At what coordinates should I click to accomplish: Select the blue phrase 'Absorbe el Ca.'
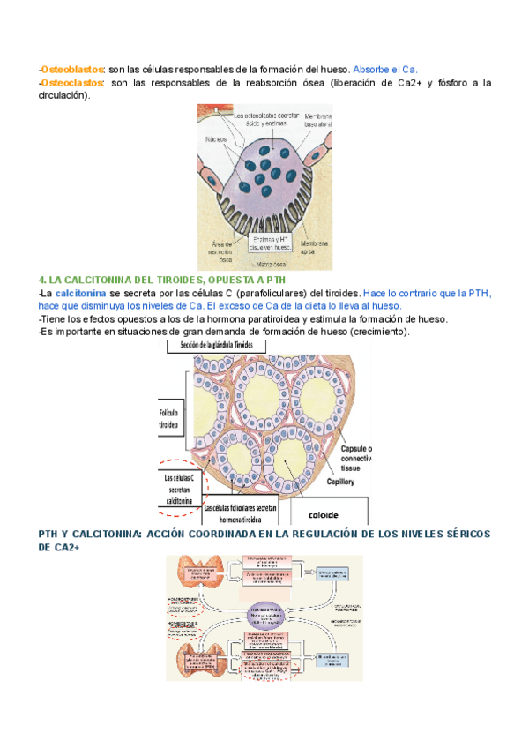coord(384,69)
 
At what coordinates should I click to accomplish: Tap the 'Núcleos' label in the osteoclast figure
coord(217,139)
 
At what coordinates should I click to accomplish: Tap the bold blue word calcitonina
coord(80,292)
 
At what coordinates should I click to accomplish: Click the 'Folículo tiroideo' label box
coord(169,418)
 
